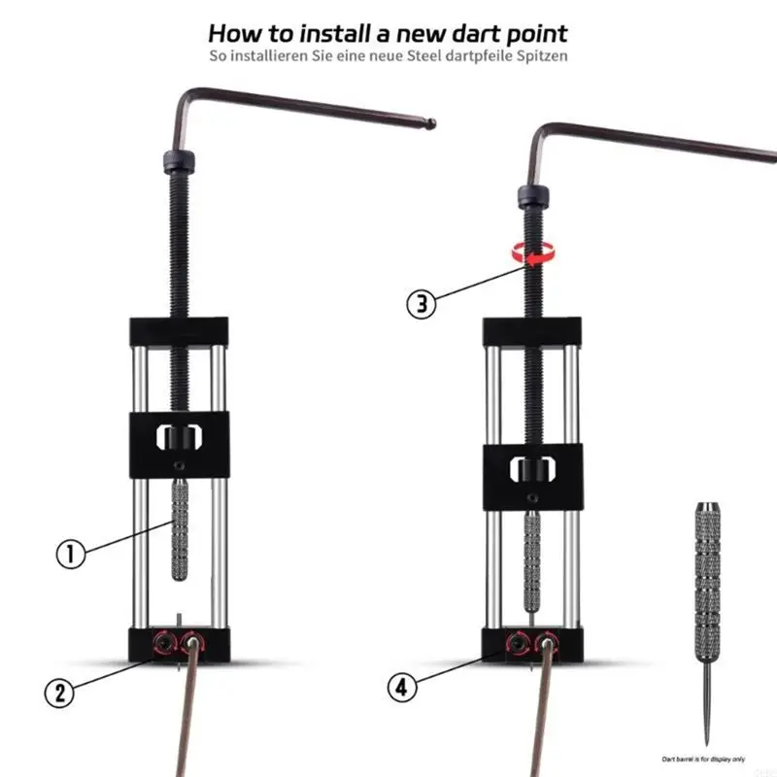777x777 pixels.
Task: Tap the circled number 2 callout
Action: (59, 692)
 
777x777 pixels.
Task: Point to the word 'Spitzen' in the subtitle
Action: (539, 55)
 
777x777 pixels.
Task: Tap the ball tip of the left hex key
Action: (431, 123)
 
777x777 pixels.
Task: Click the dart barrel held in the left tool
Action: (179, 528)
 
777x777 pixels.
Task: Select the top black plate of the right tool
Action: (531, 333)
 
